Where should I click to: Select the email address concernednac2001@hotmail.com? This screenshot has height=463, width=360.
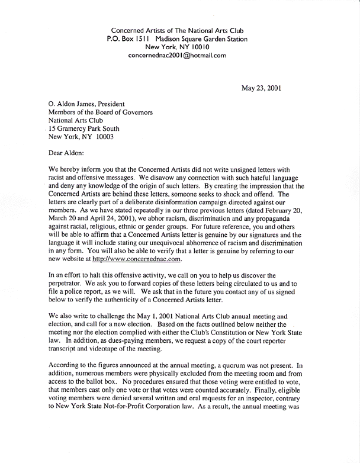tap(178, 56)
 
